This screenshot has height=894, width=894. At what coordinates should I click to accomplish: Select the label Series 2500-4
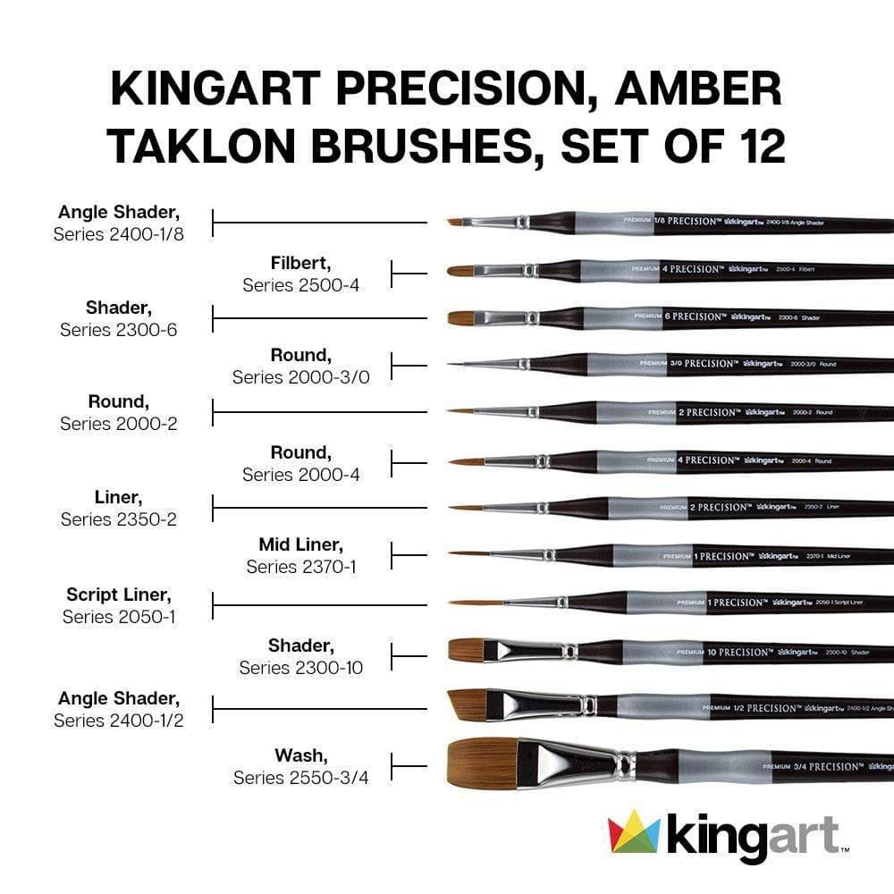(301, 285)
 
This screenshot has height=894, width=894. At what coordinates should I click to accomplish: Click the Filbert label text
(301, 263)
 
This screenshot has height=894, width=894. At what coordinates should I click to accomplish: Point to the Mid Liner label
(301, 544)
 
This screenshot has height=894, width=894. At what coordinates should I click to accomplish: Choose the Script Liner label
(119, 595)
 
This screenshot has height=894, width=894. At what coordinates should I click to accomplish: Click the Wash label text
(300, 755)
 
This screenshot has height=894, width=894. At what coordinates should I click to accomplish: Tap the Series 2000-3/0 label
(301, 377)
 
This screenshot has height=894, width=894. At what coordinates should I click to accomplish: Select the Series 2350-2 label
(119, 519)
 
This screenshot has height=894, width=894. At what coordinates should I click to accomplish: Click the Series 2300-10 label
(301, 668)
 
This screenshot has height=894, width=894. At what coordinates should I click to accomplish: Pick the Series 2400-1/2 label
(119, 720)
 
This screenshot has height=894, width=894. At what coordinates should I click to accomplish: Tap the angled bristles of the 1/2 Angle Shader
(467, 704)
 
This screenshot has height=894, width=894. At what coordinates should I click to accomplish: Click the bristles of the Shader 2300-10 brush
(465, 650)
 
